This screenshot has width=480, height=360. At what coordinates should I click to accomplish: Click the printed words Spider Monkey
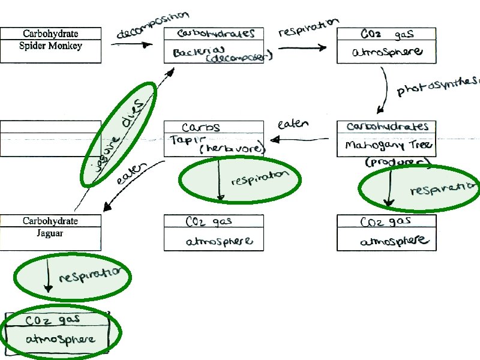coord(51,46)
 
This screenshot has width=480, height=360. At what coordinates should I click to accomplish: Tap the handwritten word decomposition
coord(152,25)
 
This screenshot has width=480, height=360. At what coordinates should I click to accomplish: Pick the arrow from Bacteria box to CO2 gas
coord(302,49)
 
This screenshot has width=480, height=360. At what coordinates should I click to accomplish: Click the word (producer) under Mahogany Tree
coord(398,162)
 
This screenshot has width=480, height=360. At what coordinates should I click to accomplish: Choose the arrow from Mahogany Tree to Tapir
coord(299,139)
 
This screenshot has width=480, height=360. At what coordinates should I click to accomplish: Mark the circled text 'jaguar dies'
coord(119,133)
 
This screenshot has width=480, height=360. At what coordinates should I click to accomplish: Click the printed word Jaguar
coord(51,233)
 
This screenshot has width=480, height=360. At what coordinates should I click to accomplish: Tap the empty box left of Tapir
coord(50,138)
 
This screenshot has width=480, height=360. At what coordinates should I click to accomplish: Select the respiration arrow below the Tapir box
coord(220,179)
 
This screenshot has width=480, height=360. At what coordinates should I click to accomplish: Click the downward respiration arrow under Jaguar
coord(47,279)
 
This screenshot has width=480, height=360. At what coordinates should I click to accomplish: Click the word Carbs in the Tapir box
coord(201,128)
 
